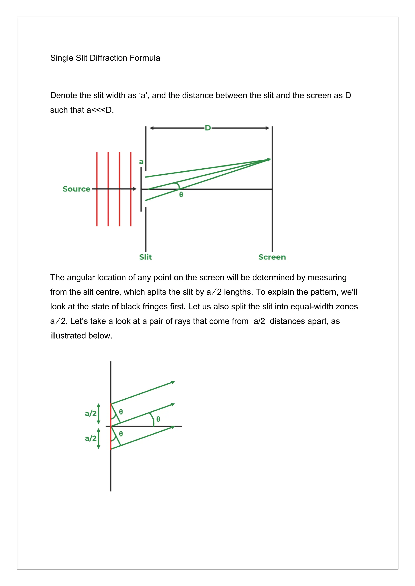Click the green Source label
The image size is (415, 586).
[76, 189]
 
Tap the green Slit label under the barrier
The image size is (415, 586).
[145, 257]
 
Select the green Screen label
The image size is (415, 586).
[272, 257]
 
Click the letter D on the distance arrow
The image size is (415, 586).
[208, 128]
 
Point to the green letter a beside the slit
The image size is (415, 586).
[141, 162]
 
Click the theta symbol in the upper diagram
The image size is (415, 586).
[181, 195]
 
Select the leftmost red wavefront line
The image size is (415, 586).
[97, 189]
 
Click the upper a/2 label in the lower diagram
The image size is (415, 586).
[91, 413]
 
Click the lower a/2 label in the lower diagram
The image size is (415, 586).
[91, 438]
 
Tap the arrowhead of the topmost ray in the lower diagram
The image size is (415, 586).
[173, 382]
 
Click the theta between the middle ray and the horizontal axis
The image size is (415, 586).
[158, 419]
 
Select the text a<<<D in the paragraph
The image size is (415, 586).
[100, 110]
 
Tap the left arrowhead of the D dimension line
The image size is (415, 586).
[152, 128]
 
